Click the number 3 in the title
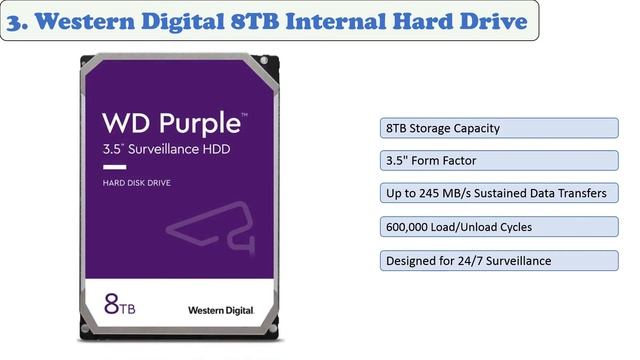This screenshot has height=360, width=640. [14, 20]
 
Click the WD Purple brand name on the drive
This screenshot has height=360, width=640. [172, 124]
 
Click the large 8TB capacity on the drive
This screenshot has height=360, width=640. [120, 300]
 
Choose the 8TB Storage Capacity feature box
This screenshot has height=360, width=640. [495, 129]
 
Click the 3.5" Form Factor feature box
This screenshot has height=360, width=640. [495, 161]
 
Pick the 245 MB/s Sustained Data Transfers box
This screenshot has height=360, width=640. [495, 194]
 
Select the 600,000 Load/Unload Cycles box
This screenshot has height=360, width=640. [495, 227]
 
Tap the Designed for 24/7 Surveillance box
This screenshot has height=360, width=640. [495, 261]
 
